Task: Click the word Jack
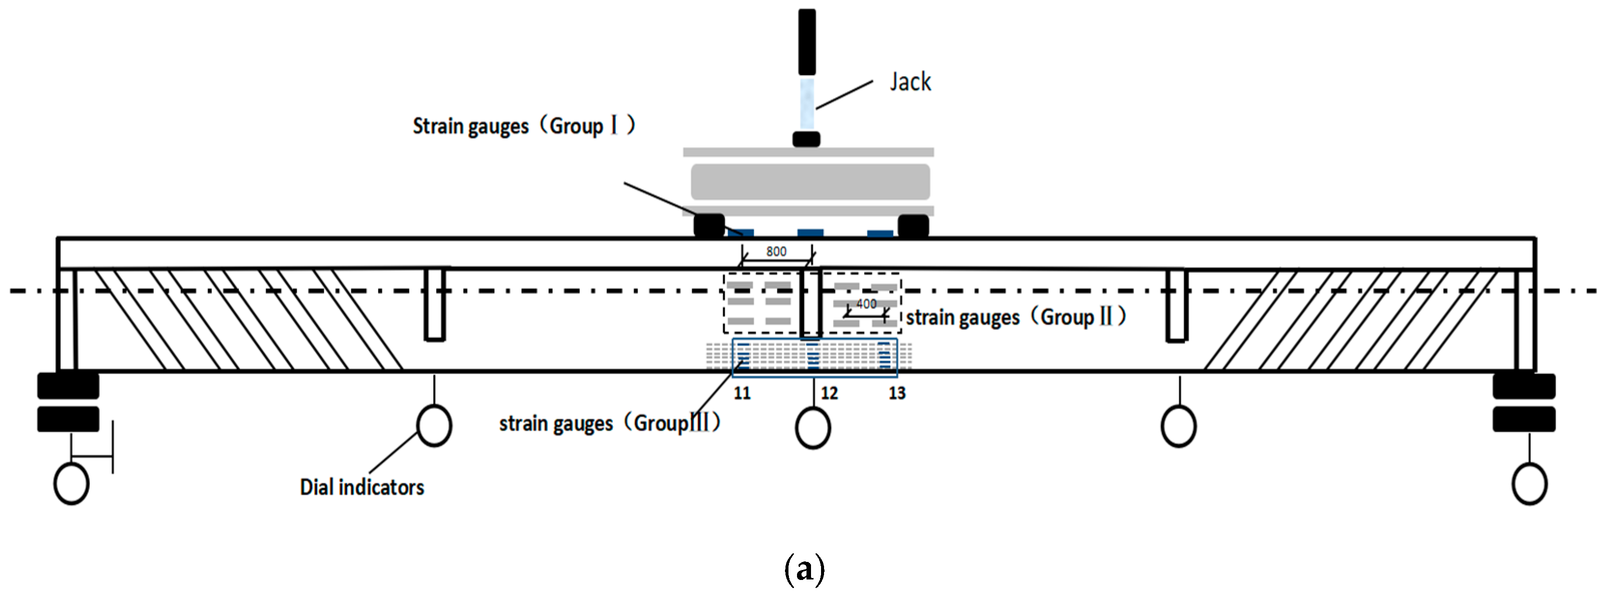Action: [910, 82]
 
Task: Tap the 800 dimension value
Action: [776, 251]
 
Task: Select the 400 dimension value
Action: [866, 304]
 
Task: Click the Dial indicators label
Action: [362, 487]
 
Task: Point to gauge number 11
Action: [742, 393]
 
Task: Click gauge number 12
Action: [829, 393]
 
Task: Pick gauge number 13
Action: [897, 393]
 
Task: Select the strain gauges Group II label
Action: [1015, 317]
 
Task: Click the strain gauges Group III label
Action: [609, 423]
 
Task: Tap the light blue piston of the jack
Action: [807, 103]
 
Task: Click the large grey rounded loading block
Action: [810, 182]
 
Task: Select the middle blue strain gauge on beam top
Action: [810, 233]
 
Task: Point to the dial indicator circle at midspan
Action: [813, 428]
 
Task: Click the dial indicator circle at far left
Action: [72, 484]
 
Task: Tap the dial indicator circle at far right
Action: [1529, 484]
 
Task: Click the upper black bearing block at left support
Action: [68, 386]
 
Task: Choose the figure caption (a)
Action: [804, 568]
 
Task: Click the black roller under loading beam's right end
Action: [913, 225]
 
